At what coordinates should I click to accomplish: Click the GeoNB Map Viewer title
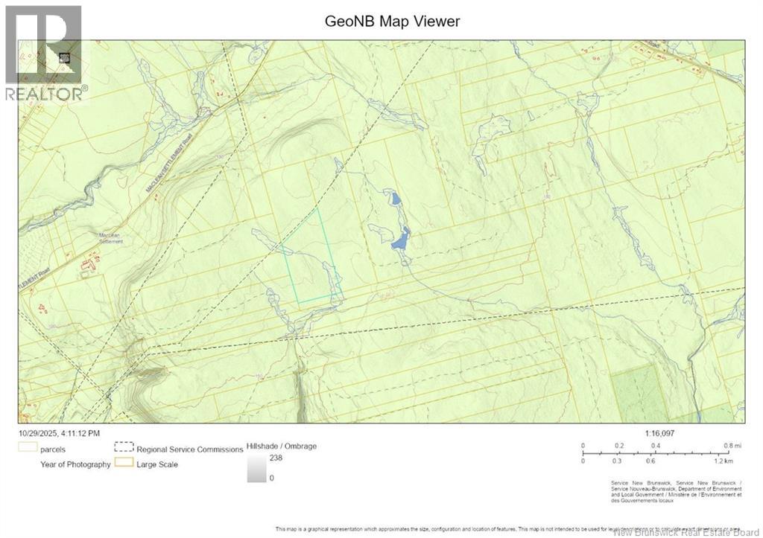[x=392, y=21]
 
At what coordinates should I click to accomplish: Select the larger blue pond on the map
[x=400, y=240]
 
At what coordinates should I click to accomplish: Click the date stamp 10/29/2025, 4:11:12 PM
[x=60, y=432]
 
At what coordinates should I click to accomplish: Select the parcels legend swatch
[x=28, y=449]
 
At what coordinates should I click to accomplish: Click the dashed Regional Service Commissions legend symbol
[x=123, y=449]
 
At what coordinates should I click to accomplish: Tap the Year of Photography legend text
[x=75, y=464]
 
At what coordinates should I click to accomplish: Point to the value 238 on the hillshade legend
[x=276, y=458]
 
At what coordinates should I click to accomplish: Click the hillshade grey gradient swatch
[x=257, y=468]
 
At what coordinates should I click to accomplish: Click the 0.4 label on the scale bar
[x=656, y=446]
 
